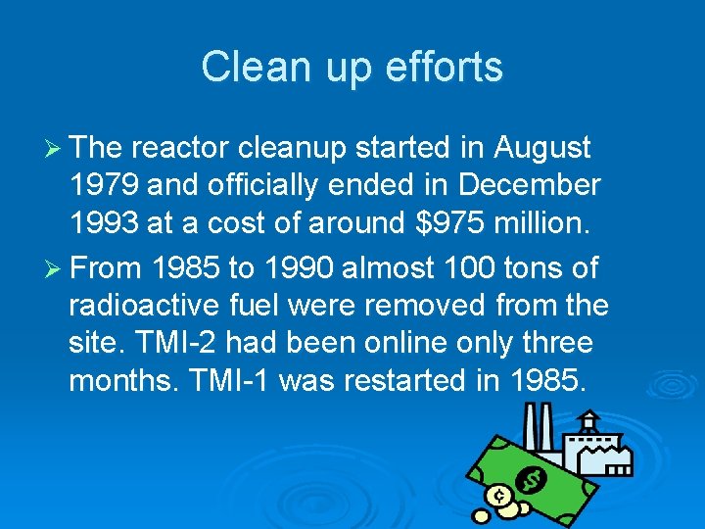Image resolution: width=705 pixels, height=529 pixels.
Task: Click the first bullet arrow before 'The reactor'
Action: [x=55, y=148]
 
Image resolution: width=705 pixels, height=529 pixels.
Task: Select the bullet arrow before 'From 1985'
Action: [x=55, y=267]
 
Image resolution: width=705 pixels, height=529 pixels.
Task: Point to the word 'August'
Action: [x=542, y=148]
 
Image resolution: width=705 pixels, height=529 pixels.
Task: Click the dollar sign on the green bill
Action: [x=532, y=480]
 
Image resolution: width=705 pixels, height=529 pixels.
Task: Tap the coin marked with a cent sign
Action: [x=500, y=495]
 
